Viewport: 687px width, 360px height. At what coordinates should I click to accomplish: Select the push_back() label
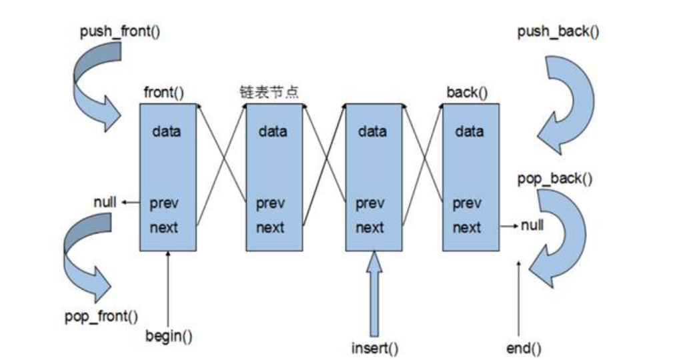558,32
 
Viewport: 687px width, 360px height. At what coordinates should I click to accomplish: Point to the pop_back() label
555,179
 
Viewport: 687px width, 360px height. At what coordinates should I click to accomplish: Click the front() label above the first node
163,92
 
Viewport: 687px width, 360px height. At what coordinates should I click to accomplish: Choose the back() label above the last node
463,92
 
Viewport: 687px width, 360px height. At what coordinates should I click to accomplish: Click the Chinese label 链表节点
269,92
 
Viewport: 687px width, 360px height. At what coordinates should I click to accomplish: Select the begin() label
169,335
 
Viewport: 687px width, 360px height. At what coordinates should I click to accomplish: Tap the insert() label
375,348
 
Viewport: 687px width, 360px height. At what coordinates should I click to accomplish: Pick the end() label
524,347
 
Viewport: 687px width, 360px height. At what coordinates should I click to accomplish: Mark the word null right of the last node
532,225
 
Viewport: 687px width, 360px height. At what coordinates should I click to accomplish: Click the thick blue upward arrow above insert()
375,293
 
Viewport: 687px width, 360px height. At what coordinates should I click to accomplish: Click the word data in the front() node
166,131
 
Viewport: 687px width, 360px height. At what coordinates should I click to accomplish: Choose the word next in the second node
270,227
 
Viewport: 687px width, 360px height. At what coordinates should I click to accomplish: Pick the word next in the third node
370,227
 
